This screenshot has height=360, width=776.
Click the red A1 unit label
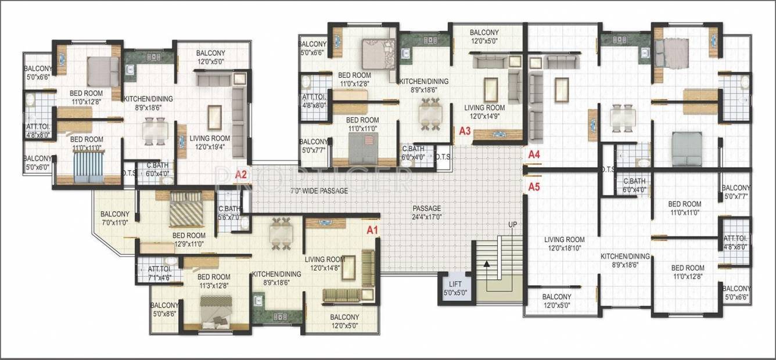pos(372,230)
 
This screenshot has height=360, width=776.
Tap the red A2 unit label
pos(241,175)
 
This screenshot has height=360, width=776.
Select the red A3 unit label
pos(465,131)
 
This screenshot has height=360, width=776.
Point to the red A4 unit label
pos(534,154)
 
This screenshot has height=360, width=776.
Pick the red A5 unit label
pos(534,188)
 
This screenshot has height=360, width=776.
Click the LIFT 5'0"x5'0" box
pos(455,289)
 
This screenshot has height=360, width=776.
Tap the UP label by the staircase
pos(512,225)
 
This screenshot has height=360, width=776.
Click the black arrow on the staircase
pos(487,264)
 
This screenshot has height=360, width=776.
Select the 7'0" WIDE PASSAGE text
pos(319,190)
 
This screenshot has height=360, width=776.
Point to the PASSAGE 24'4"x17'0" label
pos(427,213)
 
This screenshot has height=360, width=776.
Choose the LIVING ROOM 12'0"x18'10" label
pos(565,244)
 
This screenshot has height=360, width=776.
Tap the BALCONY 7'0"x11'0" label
pos(114,218)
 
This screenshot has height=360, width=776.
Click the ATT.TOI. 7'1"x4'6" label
pos(159,273)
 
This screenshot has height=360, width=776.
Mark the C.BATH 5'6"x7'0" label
pos(229,213)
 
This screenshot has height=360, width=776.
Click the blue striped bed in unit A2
pos(89,167)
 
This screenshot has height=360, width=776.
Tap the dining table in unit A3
pos(430,114)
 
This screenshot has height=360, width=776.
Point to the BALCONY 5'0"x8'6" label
pos(164,310)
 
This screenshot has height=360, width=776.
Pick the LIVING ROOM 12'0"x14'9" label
pos(484,112)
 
